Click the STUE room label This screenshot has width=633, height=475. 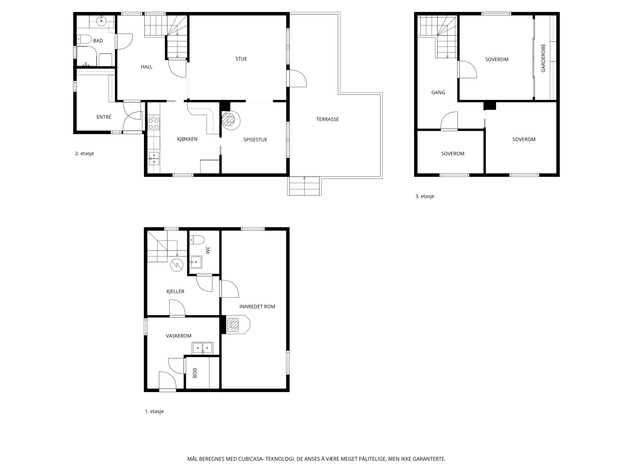coord(241,59)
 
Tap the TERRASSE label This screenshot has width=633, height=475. coord(327,119)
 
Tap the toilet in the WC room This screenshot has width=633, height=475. coord(197,239)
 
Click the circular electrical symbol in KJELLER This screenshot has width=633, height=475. coord(177,265)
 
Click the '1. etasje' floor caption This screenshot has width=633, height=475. coord(154,412)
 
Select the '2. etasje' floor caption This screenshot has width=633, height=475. coord(84,153)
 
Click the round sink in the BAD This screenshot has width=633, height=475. coord(101,20)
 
